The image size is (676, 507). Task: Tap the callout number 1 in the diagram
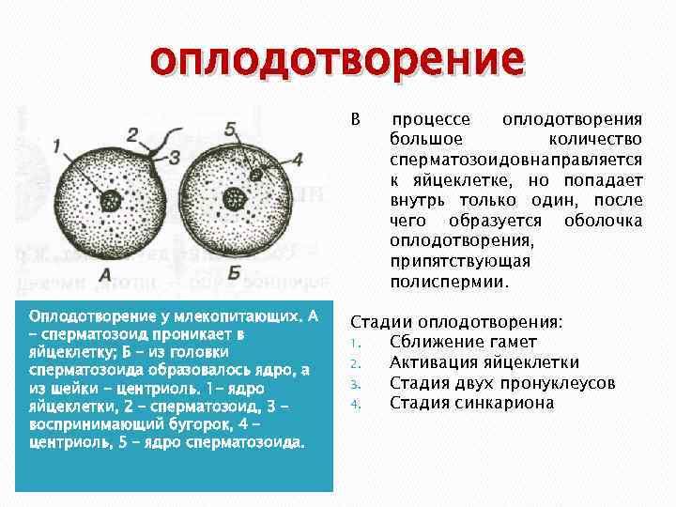57,146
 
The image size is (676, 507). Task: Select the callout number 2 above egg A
132,133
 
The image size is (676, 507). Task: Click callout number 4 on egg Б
298,161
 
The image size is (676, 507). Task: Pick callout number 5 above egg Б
230,130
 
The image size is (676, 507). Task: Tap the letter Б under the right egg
235,272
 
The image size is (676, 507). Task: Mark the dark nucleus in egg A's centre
111,200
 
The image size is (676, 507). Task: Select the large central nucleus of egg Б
233,199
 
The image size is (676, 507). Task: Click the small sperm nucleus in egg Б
254,176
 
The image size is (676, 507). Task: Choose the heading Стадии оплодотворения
457,321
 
